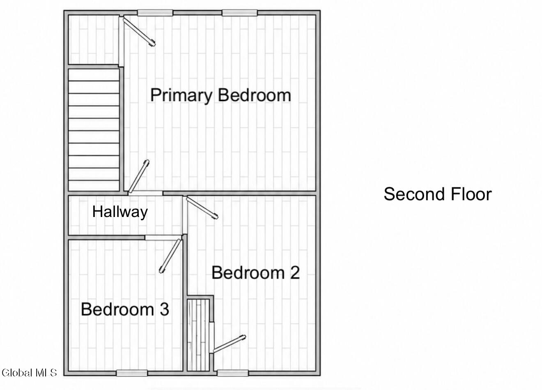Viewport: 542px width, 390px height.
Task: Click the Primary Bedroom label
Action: tap(220, 95)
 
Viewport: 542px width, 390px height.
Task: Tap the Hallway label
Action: tap(120, 212)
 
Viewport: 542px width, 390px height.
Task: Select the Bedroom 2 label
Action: tap(256, 272)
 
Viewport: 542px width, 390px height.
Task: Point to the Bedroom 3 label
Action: tap(125, 309)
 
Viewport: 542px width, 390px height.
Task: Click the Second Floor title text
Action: tap(438, 194)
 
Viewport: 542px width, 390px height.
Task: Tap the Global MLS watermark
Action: tap(29, 373)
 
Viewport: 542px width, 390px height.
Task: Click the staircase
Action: tap(94, 130)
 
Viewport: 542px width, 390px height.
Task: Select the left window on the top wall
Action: tap(155, 13)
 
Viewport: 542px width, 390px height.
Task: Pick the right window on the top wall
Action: tap(240, 13)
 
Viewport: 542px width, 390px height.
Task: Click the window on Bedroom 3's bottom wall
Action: tap(132, 373)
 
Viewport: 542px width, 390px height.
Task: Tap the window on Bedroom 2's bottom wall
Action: tap(233, 373)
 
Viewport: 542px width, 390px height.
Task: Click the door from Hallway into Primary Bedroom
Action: tap(139, 177)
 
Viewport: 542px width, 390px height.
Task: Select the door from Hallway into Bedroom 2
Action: tap(202, 208)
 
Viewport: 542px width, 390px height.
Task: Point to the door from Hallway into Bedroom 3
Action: tap(170, 256)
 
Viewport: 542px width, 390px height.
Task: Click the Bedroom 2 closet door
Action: tap(229, 344)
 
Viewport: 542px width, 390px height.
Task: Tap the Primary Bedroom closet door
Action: tap(139, 31)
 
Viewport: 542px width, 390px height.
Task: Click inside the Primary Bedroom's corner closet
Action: tap(93, 40)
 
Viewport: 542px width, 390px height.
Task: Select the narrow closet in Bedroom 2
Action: tap(198, 335)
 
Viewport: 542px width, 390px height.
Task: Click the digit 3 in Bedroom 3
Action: tap(165, 309)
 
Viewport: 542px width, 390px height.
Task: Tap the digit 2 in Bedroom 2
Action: tap(295, 272)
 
